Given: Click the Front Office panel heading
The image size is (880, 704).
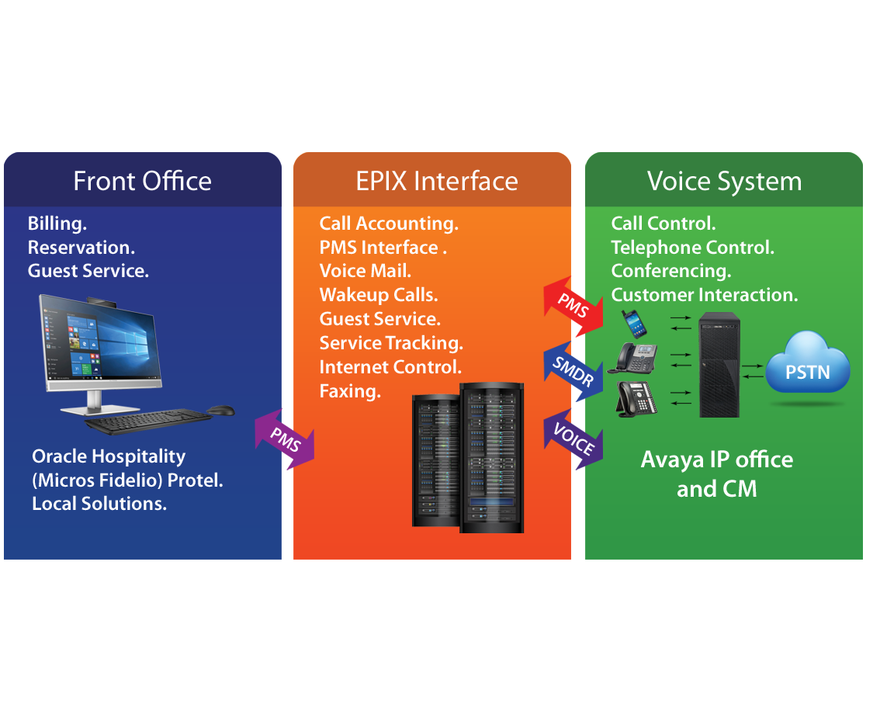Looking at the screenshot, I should click(x=142, y=181).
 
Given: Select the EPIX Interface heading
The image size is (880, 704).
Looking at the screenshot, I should click(x=436, y=181).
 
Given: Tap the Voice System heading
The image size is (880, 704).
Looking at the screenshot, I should click(x=725, y=181).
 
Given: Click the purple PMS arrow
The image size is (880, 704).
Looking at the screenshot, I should click(x=285, y=439).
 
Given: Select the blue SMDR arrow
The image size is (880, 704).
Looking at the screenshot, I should click(x=573, y=371).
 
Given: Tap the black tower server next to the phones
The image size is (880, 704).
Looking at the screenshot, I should click(x=719, y=364).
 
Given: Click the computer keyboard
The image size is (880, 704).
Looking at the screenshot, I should click(x=147, y=421).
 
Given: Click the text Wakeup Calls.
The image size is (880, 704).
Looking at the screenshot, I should click(x=379, y=295).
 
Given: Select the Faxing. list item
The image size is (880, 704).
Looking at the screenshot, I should click(x=350, y=391).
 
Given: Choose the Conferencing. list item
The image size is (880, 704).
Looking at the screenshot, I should click(x=671, y=271).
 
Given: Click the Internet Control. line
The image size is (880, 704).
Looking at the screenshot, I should click(x=390, y=367).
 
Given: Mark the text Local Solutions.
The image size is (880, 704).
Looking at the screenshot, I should click(x=99, y=504).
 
